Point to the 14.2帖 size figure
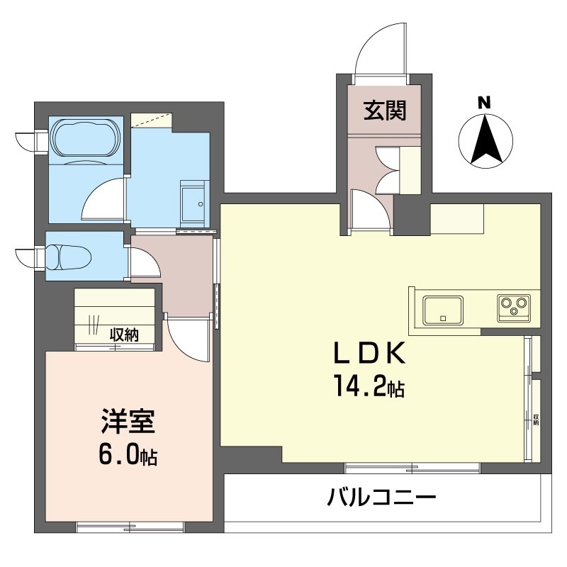pos(369,386)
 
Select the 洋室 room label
pos(128,421)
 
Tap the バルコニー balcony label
pos(381,498)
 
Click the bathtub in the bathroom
pos(86,137)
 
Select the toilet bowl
pos(68,257)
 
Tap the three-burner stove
pos(514,308)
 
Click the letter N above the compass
pos(484,103)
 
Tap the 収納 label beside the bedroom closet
pos(125,335)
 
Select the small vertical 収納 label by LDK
pos(536,419)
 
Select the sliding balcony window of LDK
pos(412,468)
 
